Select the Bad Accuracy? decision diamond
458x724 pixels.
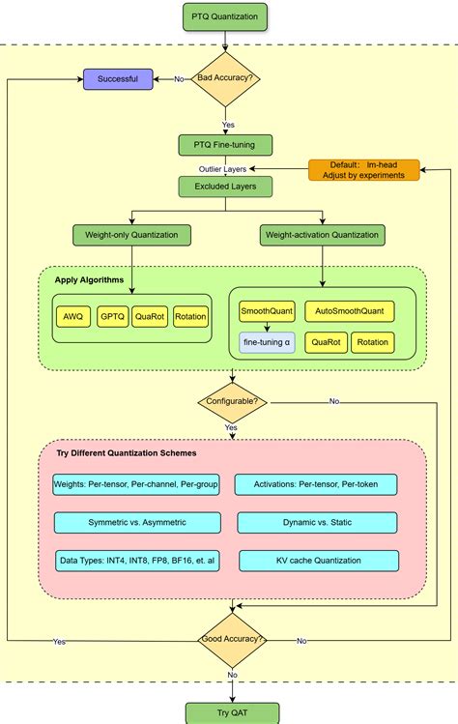pos(225,79)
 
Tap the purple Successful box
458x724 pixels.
pos(118,79)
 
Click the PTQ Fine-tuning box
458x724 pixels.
pos(225,145)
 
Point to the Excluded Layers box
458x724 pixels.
pos(225,187)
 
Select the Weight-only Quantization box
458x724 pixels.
pos(131,235)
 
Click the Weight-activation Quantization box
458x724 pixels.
pos(323,235)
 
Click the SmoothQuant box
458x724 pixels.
pos(267,311)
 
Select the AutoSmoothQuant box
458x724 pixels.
pos(350,311)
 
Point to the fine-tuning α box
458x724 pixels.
pos(267,343)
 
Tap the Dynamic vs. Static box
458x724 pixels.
pos(317,522)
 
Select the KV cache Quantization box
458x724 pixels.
pos(317,561)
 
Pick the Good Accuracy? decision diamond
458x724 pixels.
pos(232,640)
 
